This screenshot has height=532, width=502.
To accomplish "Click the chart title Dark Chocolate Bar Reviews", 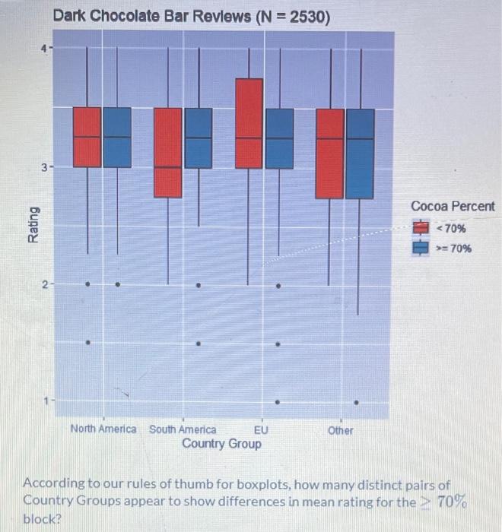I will pos(191,16).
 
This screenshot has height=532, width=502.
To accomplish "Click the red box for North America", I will pos(87,137).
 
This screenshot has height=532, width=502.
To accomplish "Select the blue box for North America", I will pos(117,137).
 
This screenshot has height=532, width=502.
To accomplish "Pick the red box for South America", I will pos(168,152).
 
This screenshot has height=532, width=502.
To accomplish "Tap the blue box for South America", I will pos(199,138).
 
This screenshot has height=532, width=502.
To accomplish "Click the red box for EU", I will pos(249,123).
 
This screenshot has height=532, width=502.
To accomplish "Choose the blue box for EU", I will pos(279,138).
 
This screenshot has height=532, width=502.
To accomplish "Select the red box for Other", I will pos(329,154).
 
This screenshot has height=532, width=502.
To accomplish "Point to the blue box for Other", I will pos(360,154).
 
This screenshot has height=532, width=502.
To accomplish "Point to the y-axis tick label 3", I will pos(44,167).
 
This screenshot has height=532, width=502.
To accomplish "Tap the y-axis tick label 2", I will pos(44,284).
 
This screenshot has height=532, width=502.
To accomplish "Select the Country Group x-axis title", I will pos(221,443).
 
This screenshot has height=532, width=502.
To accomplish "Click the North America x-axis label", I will pos(103,429).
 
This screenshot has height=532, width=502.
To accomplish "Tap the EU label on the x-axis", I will pos(260,429).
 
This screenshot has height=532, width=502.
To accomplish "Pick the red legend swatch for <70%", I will pos(421,228).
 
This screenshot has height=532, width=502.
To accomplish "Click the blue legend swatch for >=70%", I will pos(421,248).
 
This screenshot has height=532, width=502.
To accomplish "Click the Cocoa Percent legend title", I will pos(453,207).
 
